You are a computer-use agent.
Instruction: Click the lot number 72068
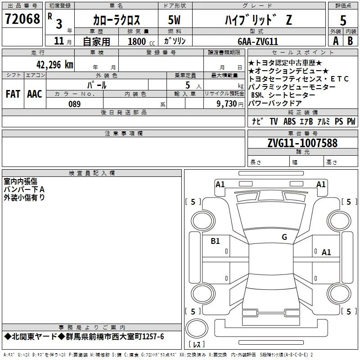22,19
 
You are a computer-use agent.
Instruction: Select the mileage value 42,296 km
55,65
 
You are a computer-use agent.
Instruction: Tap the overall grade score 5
343,20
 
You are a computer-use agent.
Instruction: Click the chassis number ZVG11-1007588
302,143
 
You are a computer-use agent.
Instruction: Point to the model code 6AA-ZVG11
258,41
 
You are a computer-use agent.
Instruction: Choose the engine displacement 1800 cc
141,41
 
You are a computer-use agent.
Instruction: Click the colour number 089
75,104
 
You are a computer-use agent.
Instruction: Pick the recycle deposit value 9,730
227,104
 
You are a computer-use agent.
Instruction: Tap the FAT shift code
13,94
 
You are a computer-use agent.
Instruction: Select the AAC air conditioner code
35,94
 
